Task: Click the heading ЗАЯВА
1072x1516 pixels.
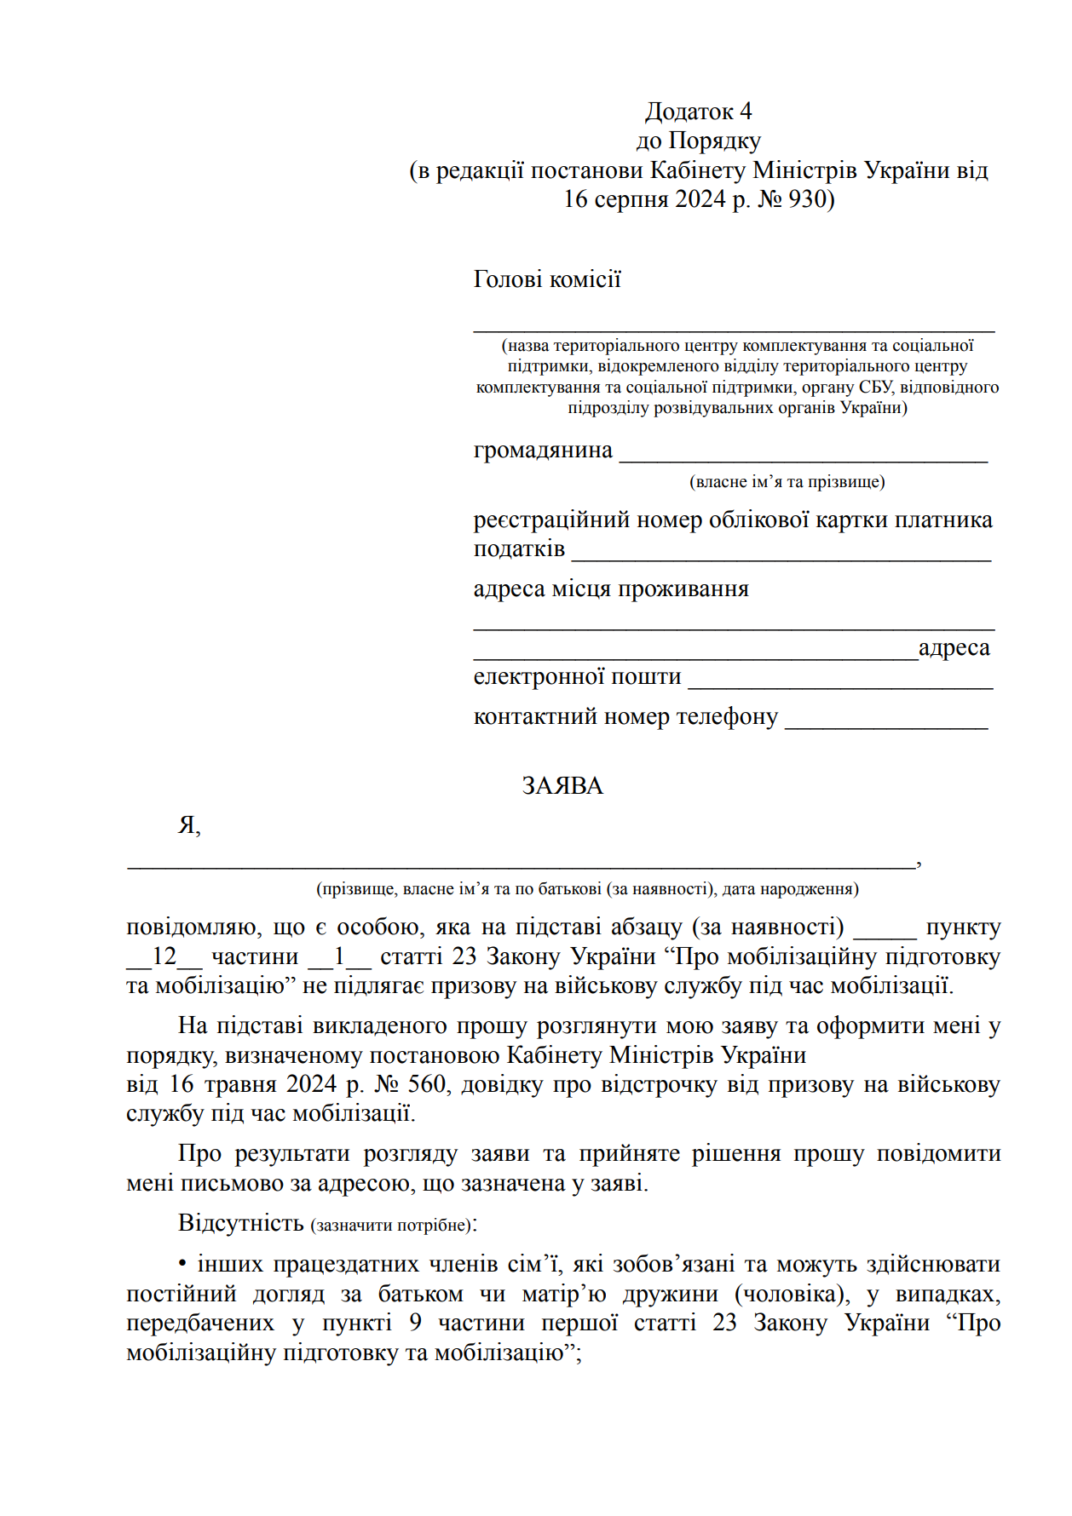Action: [x=562, y=785]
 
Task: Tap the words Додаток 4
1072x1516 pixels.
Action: [x=698, y=112]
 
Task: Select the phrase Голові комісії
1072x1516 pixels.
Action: [x=547, y=279]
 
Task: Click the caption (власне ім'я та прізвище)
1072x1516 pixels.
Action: [x=787, y=482]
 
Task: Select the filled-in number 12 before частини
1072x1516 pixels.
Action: [x=164, y=956]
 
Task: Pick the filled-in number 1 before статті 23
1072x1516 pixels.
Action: [x=339, y=956]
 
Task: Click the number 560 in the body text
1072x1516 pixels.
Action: [x=427, y=1084]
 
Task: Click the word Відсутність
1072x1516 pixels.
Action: [x=241, y=1223]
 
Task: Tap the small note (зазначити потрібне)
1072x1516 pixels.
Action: [x=391, y=1226]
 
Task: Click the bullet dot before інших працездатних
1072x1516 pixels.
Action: [x=183, y=1263]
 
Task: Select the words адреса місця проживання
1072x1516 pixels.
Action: [x=611, y=589]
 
